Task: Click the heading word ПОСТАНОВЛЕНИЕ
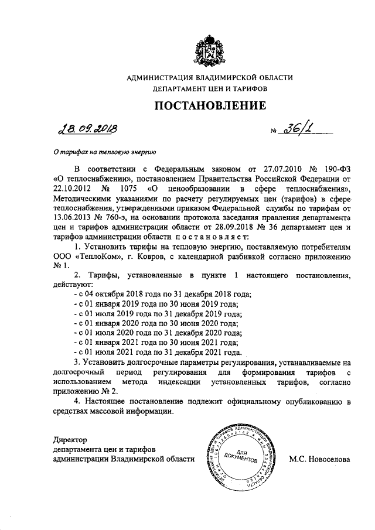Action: tap(210, 105)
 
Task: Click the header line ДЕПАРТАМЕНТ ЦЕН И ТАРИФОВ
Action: tap(209, 88)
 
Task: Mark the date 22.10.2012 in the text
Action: tap(71, 189)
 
